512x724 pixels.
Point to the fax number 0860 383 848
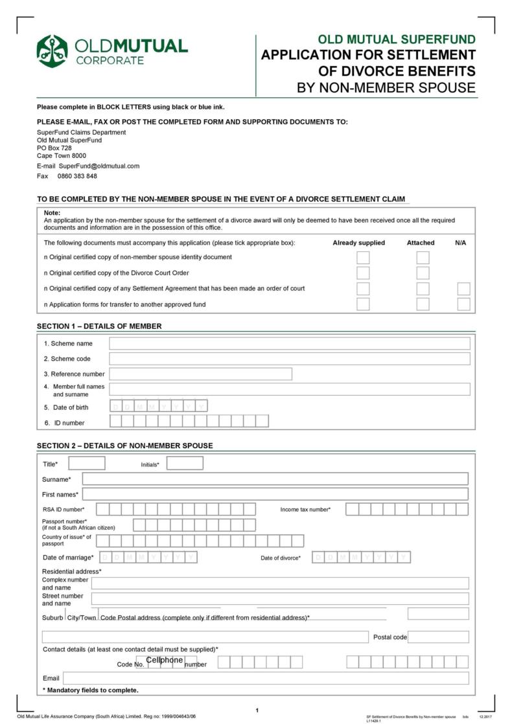(x=77, y=176)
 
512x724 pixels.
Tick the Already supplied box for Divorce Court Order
(x=363, y=273)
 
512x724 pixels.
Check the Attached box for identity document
(x=423, y=257)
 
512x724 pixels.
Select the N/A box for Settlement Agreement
(x=463, y=289)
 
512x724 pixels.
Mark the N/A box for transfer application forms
(x=463, y=304)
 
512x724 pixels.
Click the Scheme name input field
(x=289, y=343)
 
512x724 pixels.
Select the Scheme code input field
(x=289, y=359)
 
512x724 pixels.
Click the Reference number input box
(x=200, y=374)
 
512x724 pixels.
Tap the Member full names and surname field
(x=289, y=389)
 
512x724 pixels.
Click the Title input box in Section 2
(x=87, y=463)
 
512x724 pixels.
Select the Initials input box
(x=185, y=463)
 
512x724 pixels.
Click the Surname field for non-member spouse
(x=275, y=479)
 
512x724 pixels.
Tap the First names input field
(x=275, y=494)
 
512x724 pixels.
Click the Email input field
(x=265, y=678)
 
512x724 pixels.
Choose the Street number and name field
(x=279, y=598)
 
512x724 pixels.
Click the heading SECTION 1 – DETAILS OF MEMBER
(x=99, y=326)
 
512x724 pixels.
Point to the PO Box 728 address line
(x=54, y=148)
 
